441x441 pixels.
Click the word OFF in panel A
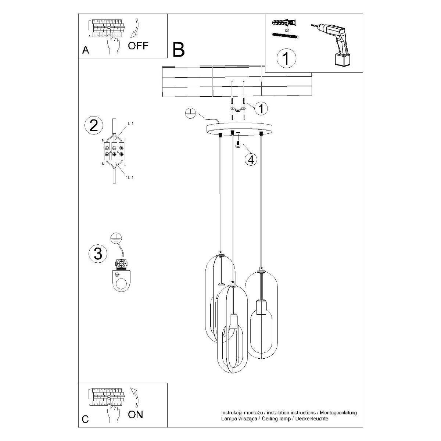(x=138, y=46)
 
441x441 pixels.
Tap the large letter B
(x=179, y=50)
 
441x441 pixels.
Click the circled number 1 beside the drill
(x=286, y=58)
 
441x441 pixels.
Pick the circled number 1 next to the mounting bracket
(x=261, y=108)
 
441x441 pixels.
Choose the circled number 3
(x=98, y=254)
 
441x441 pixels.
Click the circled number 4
(x=251, y=159)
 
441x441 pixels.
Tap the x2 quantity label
(x=287, y=30)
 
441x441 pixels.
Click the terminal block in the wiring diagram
(x=114, y=151)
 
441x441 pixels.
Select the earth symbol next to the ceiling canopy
(x=190, y=113)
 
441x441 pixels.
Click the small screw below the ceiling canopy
(x=238, y=145)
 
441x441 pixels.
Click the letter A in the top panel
(x=85, y=50)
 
